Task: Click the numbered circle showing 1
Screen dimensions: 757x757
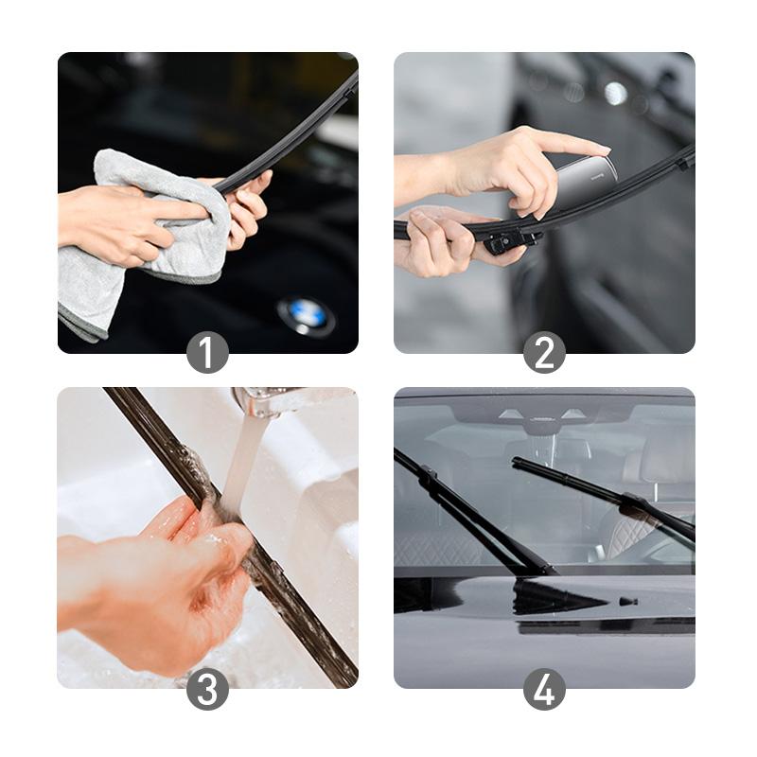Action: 207,353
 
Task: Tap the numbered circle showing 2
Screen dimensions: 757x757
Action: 544,353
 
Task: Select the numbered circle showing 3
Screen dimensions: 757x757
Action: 207,689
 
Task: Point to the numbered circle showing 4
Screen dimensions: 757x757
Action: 544,689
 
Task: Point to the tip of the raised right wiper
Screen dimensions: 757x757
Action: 517,462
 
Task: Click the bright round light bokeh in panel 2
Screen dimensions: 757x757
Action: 616,93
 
